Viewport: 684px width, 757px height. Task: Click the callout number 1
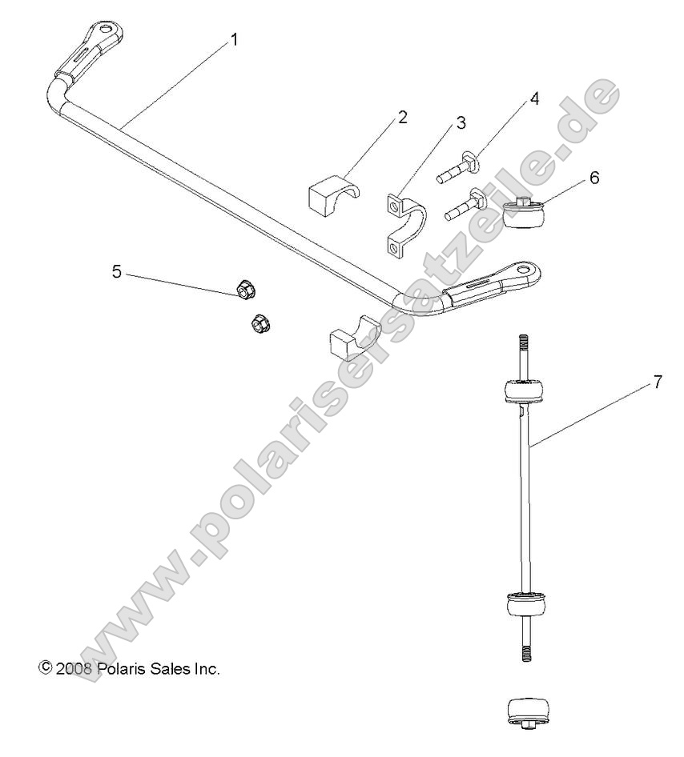pos(234,39)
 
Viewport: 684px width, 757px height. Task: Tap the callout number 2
pos(402,117)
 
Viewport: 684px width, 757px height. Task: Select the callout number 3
pos(461,123)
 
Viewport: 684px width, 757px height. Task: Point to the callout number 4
pos(533,99)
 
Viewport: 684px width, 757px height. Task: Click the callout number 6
pos(593,177)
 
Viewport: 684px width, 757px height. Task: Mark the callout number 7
pos(658,383)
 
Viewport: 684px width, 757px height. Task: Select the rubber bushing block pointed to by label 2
pos(331,195)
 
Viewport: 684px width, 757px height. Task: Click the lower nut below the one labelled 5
pos(259,322)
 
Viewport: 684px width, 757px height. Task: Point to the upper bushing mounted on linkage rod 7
pos(524,392)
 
